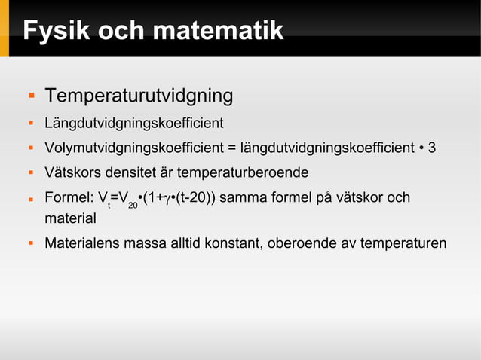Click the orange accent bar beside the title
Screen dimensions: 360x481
5,29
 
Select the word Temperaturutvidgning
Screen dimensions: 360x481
139,96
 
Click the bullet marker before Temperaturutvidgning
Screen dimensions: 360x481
32,96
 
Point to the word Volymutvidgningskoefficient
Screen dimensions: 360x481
128,148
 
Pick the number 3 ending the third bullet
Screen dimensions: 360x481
432,148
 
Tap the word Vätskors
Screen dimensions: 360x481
72,173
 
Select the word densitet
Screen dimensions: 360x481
131,173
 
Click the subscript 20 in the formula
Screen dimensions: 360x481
132,205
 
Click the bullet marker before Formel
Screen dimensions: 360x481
32,199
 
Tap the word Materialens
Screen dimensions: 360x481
83,244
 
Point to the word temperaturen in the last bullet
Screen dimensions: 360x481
404,244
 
